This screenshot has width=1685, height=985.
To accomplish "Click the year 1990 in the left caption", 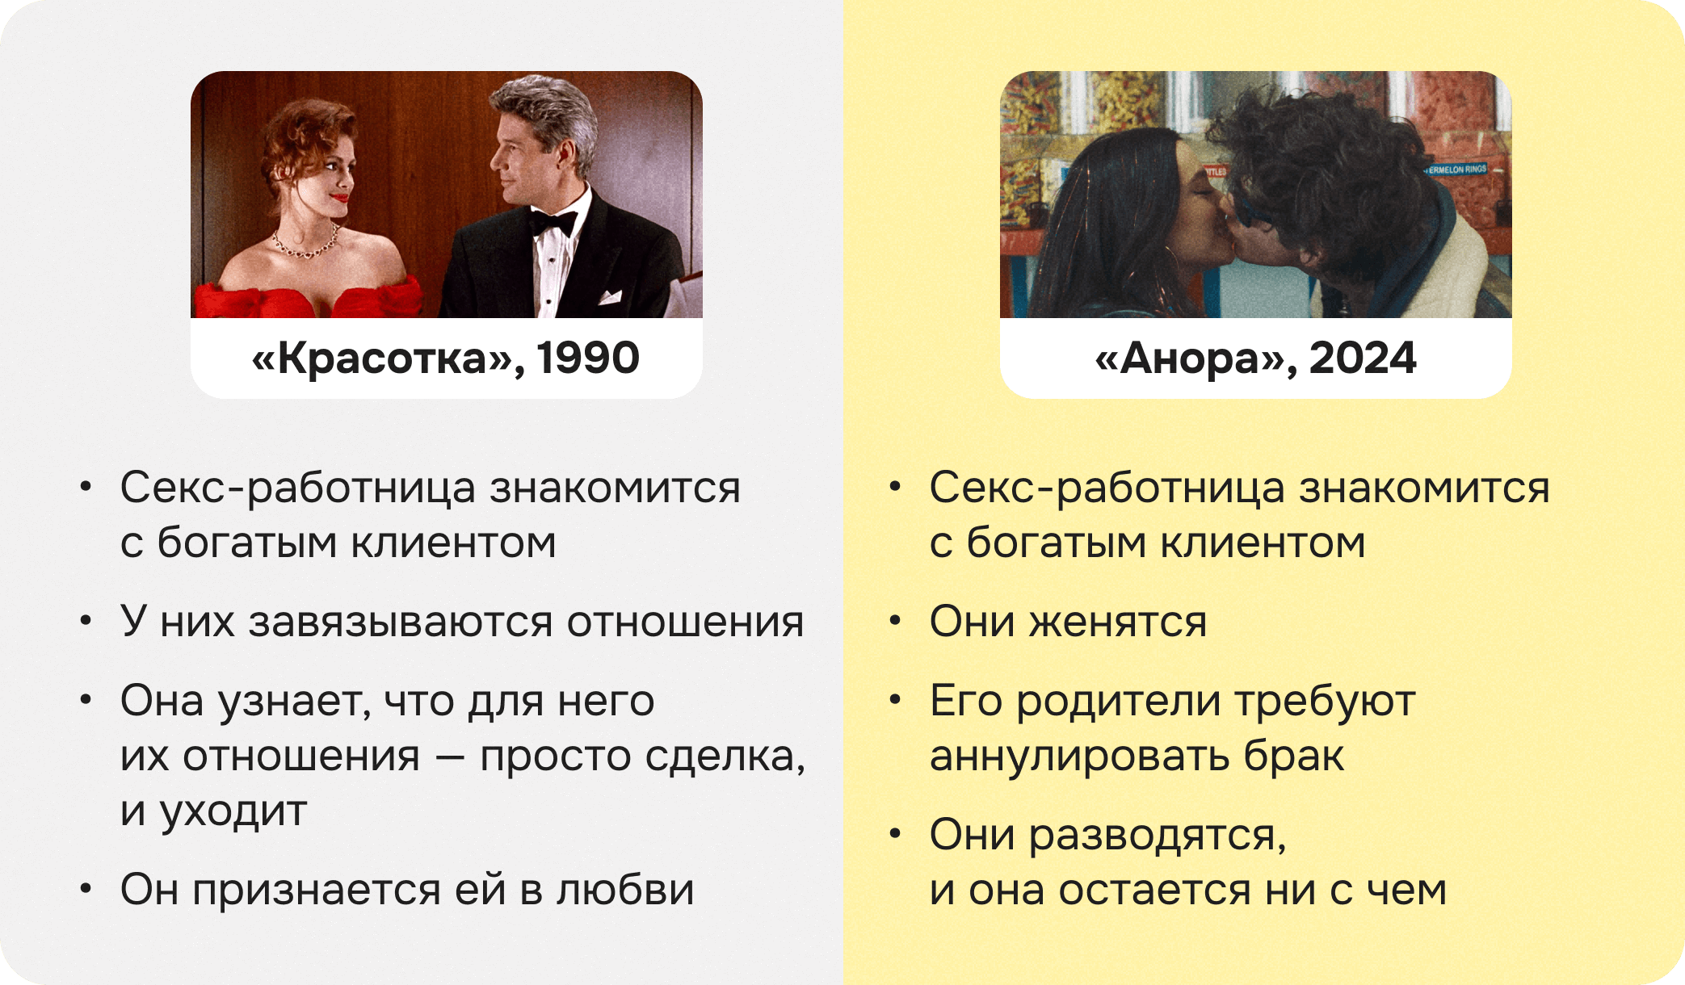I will (x=588, y=358).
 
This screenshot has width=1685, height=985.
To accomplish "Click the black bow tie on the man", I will (x=553, y=221).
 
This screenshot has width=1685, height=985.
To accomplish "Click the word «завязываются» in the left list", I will (x=401, y=622).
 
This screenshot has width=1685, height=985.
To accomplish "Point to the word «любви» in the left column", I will (x=625, y=890).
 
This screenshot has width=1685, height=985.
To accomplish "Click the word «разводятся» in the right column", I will (x=1155, y=835).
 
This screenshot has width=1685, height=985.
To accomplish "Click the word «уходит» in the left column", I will (x=233, y=811).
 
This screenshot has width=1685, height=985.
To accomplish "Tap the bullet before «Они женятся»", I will (x=895, y=622).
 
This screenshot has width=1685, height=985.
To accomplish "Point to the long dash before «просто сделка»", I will (x=450, y=757).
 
